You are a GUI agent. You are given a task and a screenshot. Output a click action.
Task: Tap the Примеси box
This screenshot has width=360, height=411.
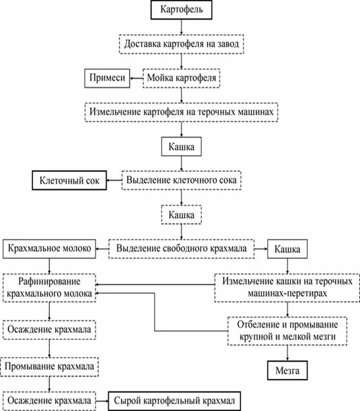(x=107, y=78)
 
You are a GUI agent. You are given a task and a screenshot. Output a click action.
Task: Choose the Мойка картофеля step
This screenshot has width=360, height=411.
(x=182, y=78)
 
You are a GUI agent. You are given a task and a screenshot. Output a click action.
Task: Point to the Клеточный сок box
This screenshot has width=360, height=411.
(x=70, y=181)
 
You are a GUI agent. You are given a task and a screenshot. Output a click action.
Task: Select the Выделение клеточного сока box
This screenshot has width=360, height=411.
(x=181, y=181)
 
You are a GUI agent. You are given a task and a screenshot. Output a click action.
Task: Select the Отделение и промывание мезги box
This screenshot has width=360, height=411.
(x=287, y=331)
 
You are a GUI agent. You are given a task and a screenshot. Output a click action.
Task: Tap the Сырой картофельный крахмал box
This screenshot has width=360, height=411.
(x=174, y=400)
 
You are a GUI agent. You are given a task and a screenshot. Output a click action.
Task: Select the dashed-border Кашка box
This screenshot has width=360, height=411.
(x=182, y=215)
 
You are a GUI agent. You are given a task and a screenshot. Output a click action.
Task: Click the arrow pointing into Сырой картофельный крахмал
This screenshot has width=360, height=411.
(x=102, y=400)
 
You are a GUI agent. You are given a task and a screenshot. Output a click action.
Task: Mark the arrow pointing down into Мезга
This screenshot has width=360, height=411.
(x=287, y=354)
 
